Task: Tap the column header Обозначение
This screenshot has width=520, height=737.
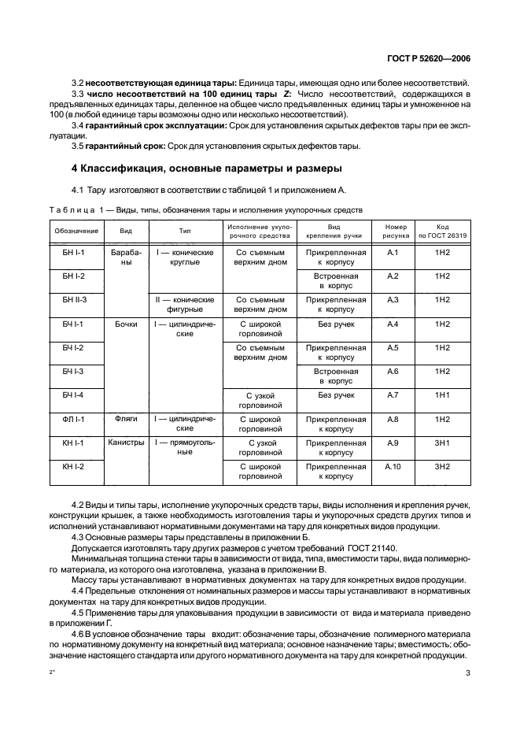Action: [x=76, y=231]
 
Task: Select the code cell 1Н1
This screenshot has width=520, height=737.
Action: [x=442, y=394]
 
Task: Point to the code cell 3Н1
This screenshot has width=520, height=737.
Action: [x=442, y=443]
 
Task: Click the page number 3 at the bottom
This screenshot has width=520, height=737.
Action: [x=467, y=672]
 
